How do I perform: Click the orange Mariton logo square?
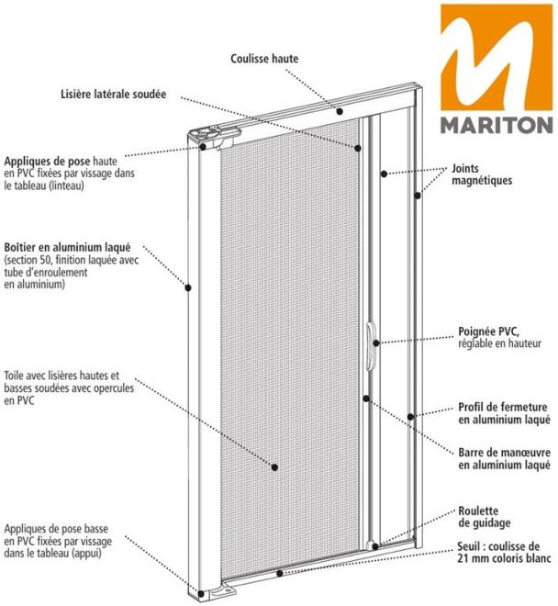497,58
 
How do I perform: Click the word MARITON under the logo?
497,125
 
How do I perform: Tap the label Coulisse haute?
264,59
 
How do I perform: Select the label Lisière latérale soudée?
113,94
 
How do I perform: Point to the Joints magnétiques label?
482,174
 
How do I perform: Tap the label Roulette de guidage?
485,517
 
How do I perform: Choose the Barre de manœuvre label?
504,458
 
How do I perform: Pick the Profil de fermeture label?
504,413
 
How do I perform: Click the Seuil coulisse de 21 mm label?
504,552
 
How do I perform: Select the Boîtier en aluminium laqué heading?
67,247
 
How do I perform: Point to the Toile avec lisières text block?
69,388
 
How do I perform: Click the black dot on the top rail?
340,111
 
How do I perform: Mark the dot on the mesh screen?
274,467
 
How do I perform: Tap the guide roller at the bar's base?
373,545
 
